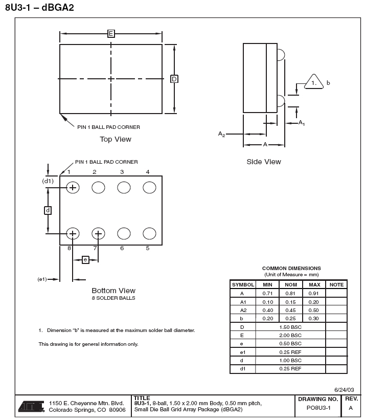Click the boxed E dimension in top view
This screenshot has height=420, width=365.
(111, 34)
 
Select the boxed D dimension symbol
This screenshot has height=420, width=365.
(174, 79)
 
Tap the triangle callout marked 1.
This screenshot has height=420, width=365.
(314, 82)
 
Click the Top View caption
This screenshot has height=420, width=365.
(116, 139)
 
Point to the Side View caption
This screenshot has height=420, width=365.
(264, 162)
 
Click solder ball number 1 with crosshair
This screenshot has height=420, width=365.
(73, 188)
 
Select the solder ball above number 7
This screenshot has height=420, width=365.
(98, 234)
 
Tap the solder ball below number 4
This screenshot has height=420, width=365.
(149, 188)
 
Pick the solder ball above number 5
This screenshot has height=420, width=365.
(149, 234)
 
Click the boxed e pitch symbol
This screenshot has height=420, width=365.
(85, 260)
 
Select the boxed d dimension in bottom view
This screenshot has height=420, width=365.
(48, 210)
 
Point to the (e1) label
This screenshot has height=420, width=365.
(42, 279)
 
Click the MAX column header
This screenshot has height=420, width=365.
(314, 284)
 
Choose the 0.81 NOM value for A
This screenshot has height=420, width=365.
(291, 294)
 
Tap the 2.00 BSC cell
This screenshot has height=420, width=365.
(291, 335)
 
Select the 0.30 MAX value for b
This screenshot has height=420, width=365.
(314, 318)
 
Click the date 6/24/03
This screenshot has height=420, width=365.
(344, 390)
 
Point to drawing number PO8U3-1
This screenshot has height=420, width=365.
(318, 408)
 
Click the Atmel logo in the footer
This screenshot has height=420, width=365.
(32, 406)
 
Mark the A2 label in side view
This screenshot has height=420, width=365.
(221, 134)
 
